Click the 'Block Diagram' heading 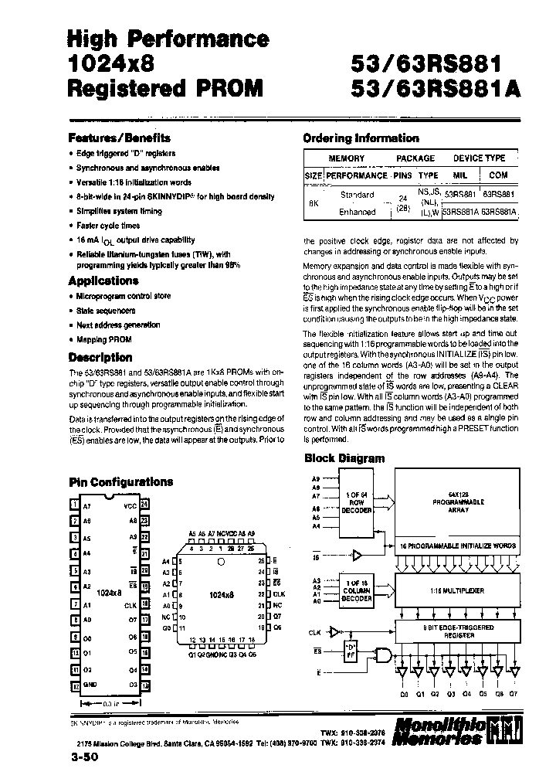click(344, 457)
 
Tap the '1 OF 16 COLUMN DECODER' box click(357, 588)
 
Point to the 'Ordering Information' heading click(361, 138)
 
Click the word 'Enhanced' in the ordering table click(358, 211)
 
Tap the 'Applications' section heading click(103, 280)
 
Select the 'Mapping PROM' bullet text click(104, 339)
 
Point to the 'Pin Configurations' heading click(120, 481)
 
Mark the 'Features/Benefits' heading click(119, 138)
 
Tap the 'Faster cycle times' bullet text click(108, 226)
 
